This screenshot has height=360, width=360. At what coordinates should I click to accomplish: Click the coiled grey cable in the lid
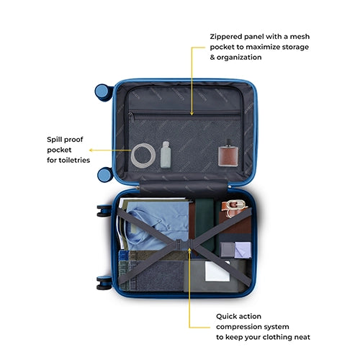click(132, 156)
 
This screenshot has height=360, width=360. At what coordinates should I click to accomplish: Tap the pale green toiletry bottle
click(166, 155)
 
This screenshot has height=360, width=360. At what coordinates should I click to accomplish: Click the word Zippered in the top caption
click(225, 37)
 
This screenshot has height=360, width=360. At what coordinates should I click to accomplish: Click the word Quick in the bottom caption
click(227, 316)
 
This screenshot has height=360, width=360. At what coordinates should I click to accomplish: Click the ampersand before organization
click(212, 58)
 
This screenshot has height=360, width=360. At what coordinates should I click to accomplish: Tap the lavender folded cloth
click(243, 250)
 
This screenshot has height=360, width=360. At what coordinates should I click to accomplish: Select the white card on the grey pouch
click(217, 271)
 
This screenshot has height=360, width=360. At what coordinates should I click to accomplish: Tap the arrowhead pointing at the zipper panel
click(192, 113)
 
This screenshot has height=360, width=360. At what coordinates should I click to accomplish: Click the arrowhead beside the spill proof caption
click(91, 150)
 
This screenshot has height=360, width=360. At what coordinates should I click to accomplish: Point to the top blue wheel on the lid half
click(103, 92)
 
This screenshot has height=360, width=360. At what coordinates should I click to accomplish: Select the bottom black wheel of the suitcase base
click(104, 283)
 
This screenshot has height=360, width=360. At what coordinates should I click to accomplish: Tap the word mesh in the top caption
click(300, 37)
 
